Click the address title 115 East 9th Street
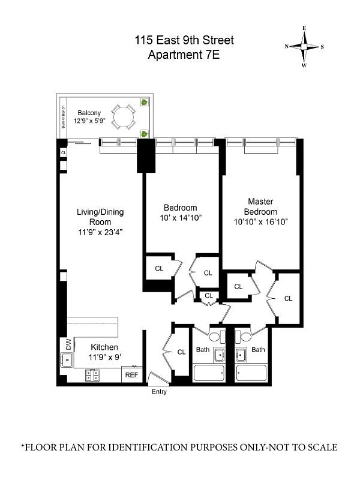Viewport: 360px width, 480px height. (x=184, y=41)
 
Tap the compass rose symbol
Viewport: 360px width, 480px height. (x=304, y=46)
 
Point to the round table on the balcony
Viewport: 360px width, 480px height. (x=125, y=116)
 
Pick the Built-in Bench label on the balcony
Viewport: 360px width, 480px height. (x=62, y=118)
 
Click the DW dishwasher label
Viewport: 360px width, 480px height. (x=68, y=344)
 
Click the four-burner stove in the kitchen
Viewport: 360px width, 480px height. (x=93, y=376)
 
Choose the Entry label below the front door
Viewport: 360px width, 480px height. (x=159, y=392)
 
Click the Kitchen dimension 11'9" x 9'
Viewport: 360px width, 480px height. (x=104, y=356)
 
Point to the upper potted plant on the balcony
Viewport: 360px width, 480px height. (x=144, y=102)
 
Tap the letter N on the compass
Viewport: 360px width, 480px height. (x=287, y=47)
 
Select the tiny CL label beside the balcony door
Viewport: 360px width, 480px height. (x=63, y=153)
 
